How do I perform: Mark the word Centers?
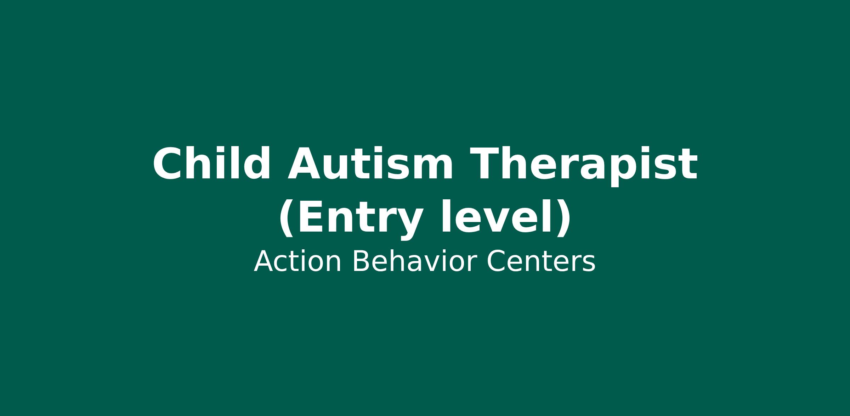coord(541,262)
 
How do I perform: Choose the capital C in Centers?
coord(497,262)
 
